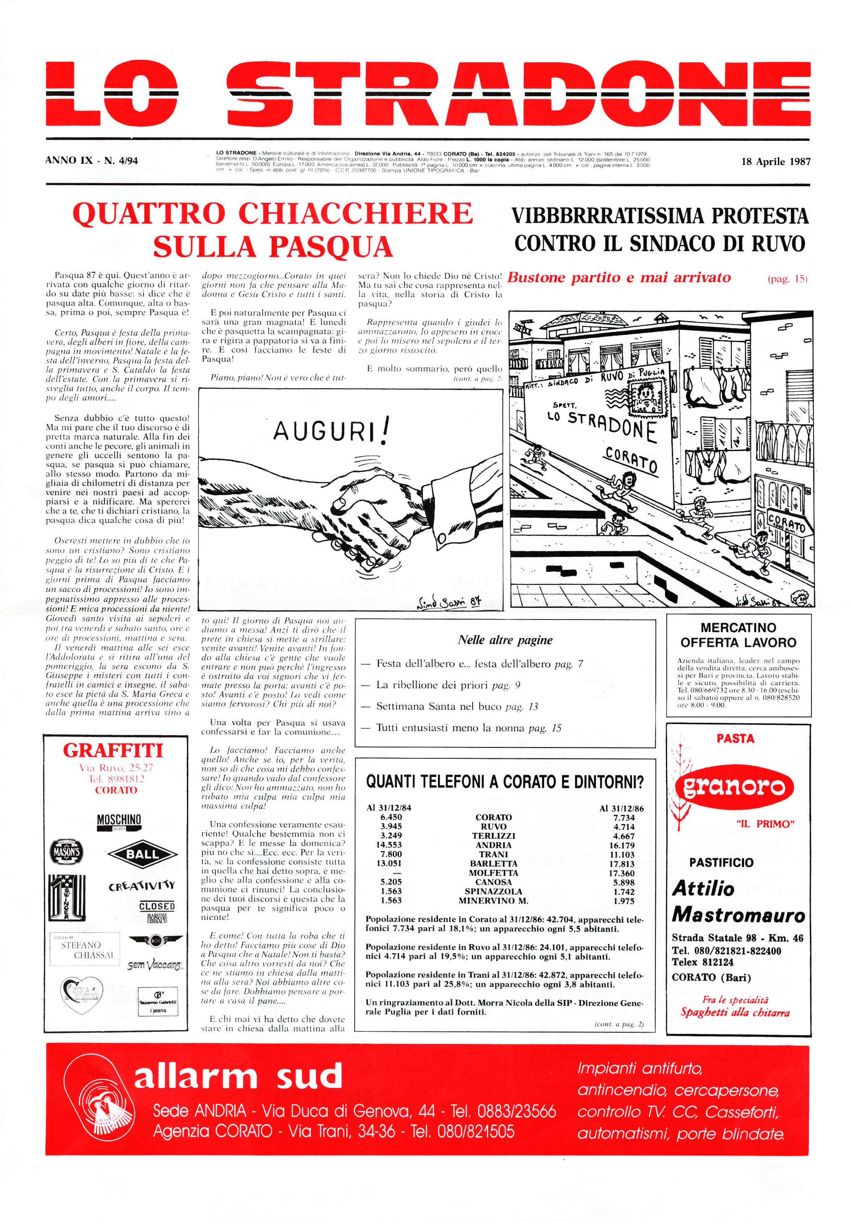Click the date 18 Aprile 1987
click(x=775, y=161)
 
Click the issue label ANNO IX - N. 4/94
click(x=92, y=160)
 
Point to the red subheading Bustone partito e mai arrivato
click(x=619, y=278)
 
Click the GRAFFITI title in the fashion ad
click(x=113, y=750)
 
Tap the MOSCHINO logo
click(x=119, y=820)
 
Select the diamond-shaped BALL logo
click(x=142, y=854)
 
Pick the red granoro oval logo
click(x=734, y=787)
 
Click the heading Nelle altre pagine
click(x=505, y=640)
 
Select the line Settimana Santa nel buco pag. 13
click(x=457, y=706)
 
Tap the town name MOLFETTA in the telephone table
click(x=493, y=873)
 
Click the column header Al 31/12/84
click(x=389, y=807)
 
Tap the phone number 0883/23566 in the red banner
click(x=516, y=1111)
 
